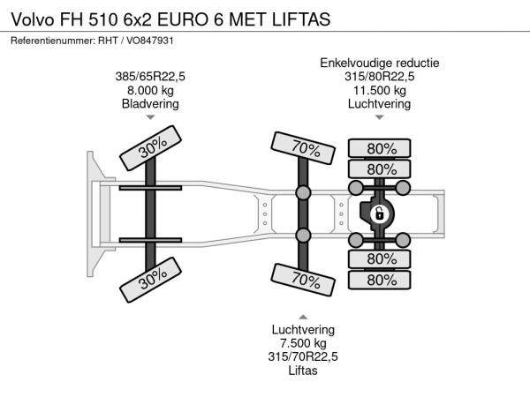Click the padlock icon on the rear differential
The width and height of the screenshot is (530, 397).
click(379, 214)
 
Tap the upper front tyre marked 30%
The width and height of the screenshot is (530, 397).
click(151, 148)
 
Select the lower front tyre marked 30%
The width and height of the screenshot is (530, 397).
click(151, 280)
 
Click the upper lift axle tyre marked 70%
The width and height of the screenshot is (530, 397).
click(303, 148)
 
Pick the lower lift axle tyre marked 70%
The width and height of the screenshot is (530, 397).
click(303, 280)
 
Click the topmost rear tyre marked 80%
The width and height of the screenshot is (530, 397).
click(380, 148)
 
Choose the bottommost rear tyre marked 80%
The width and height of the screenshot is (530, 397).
click(380, 280)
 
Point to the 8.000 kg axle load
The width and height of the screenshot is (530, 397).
click(150, 90)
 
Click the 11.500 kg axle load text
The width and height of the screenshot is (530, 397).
click(380, 90)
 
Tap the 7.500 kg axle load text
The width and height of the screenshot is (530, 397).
click(303, 343)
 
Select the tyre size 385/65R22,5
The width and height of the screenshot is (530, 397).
click(150, 76)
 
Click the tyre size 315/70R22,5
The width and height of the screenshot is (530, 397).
click(303, 356)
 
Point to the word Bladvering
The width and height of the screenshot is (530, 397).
click(150, 103)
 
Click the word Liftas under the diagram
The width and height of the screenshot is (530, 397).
click(303, 371)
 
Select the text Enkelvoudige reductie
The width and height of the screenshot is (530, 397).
click(380, 63)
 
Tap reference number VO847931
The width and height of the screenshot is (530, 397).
click(150, 41)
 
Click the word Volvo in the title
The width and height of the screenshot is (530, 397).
click(33, 19)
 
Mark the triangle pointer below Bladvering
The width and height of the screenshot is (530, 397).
click(150, 117)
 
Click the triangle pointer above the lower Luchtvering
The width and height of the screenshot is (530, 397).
click(303, 317)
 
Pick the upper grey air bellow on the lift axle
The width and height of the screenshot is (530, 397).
click(303, 192)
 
